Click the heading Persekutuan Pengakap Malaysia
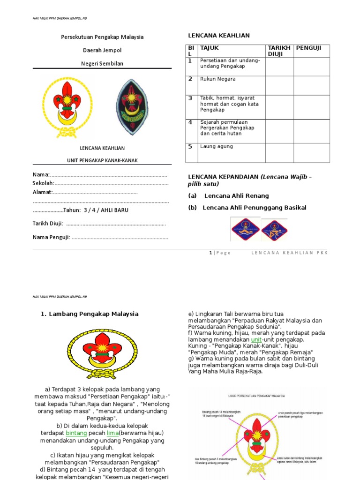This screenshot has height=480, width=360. click(102, 37)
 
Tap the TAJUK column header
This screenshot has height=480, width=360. click(210, 48)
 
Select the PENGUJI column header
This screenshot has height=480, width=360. click(309, 48)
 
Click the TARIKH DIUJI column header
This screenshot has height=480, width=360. click(279, 51)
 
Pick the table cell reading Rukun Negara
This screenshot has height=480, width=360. click(217, 79)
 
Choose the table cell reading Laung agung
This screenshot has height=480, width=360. click(216, 147)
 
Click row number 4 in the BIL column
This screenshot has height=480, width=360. click(190, 122)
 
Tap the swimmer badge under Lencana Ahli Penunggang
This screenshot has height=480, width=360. click(245, 229)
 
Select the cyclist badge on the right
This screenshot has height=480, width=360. click(274, 229)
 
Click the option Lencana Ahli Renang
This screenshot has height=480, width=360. click(236, 196)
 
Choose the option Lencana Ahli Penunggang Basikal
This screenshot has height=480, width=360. click(254, 208)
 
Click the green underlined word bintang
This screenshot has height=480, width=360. click(76, 434)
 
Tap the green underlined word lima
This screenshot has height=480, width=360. click(112, 434)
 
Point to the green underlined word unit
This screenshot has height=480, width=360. click(256, 339)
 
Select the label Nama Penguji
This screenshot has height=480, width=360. click(51, 237)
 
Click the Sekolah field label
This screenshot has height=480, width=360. click(43, 183)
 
